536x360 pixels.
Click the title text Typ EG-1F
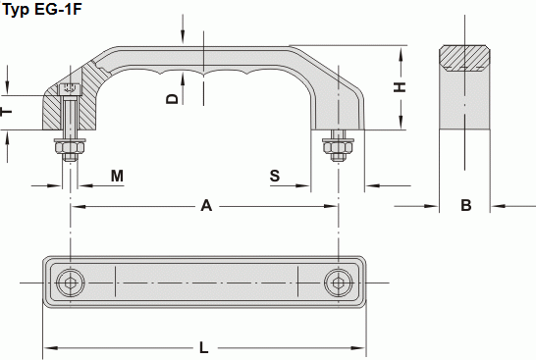click(x=42, y=9)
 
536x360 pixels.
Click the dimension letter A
click(x=206, y=206)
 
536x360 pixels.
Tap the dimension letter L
click(x=204, y=348)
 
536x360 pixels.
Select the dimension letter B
click(x=466, y=205)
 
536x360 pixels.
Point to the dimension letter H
click(x=400, y=86)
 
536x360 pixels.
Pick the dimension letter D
click(x=173, y=99)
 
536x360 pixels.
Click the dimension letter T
click(x=6, y=112)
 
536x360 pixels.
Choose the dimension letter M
click(x=117, y=176)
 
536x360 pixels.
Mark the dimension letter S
click(x=275, y=176)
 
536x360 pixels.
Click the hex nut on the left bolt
click(x=70, y=147)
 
